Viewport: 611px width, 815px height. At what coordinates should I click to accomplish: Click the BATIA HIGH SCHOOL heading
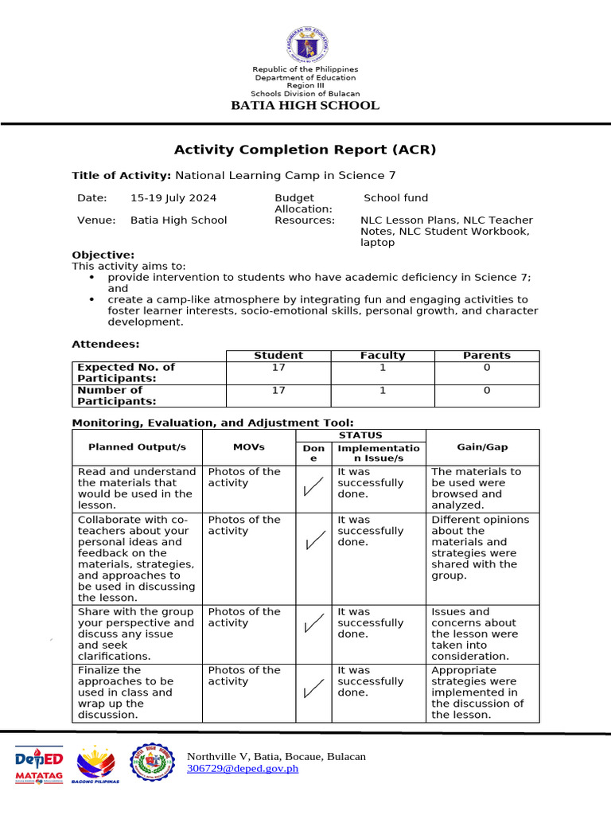(305, 106)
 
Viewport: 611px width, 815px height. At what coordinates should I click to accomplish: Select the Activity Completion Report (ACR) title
(305, 150)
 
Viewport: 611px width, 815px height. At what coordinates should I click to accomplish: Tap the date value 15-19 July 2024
(173, 197)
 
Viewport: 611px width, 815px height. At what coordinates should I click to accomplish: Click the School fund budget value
(395, 197)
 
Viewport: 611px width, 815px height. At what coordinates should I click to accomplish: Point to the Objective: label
(103, 255)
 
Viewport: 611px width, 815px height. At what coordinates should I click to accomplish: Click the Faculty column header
(383, 356)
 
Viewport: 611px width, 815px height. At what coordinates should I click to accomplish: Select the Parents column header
(486, 356)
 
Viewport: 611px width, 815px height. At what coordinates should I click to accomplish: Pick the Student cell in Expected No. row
(278, 368)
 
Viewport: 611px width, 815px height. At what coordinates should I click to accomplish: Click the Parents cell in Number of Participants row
(486, 391)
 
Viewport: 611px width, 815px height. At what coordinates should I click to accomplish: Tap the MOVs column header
(249, 447)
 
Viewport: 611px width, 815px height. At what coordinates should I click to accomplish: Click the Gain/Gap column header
(482, 447)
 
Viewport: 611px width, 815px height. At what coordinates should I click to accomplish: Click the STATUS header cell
(360, 435)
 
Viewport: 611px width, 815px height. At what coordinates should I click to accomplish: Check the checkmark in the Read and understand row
(313, 487)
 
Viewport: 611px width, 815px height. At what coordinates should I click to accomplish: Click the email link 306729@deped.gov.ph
(243, 769)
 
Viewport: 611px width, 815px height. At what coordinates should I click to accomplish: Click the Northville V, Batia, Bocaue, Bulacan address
(276, 756)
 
